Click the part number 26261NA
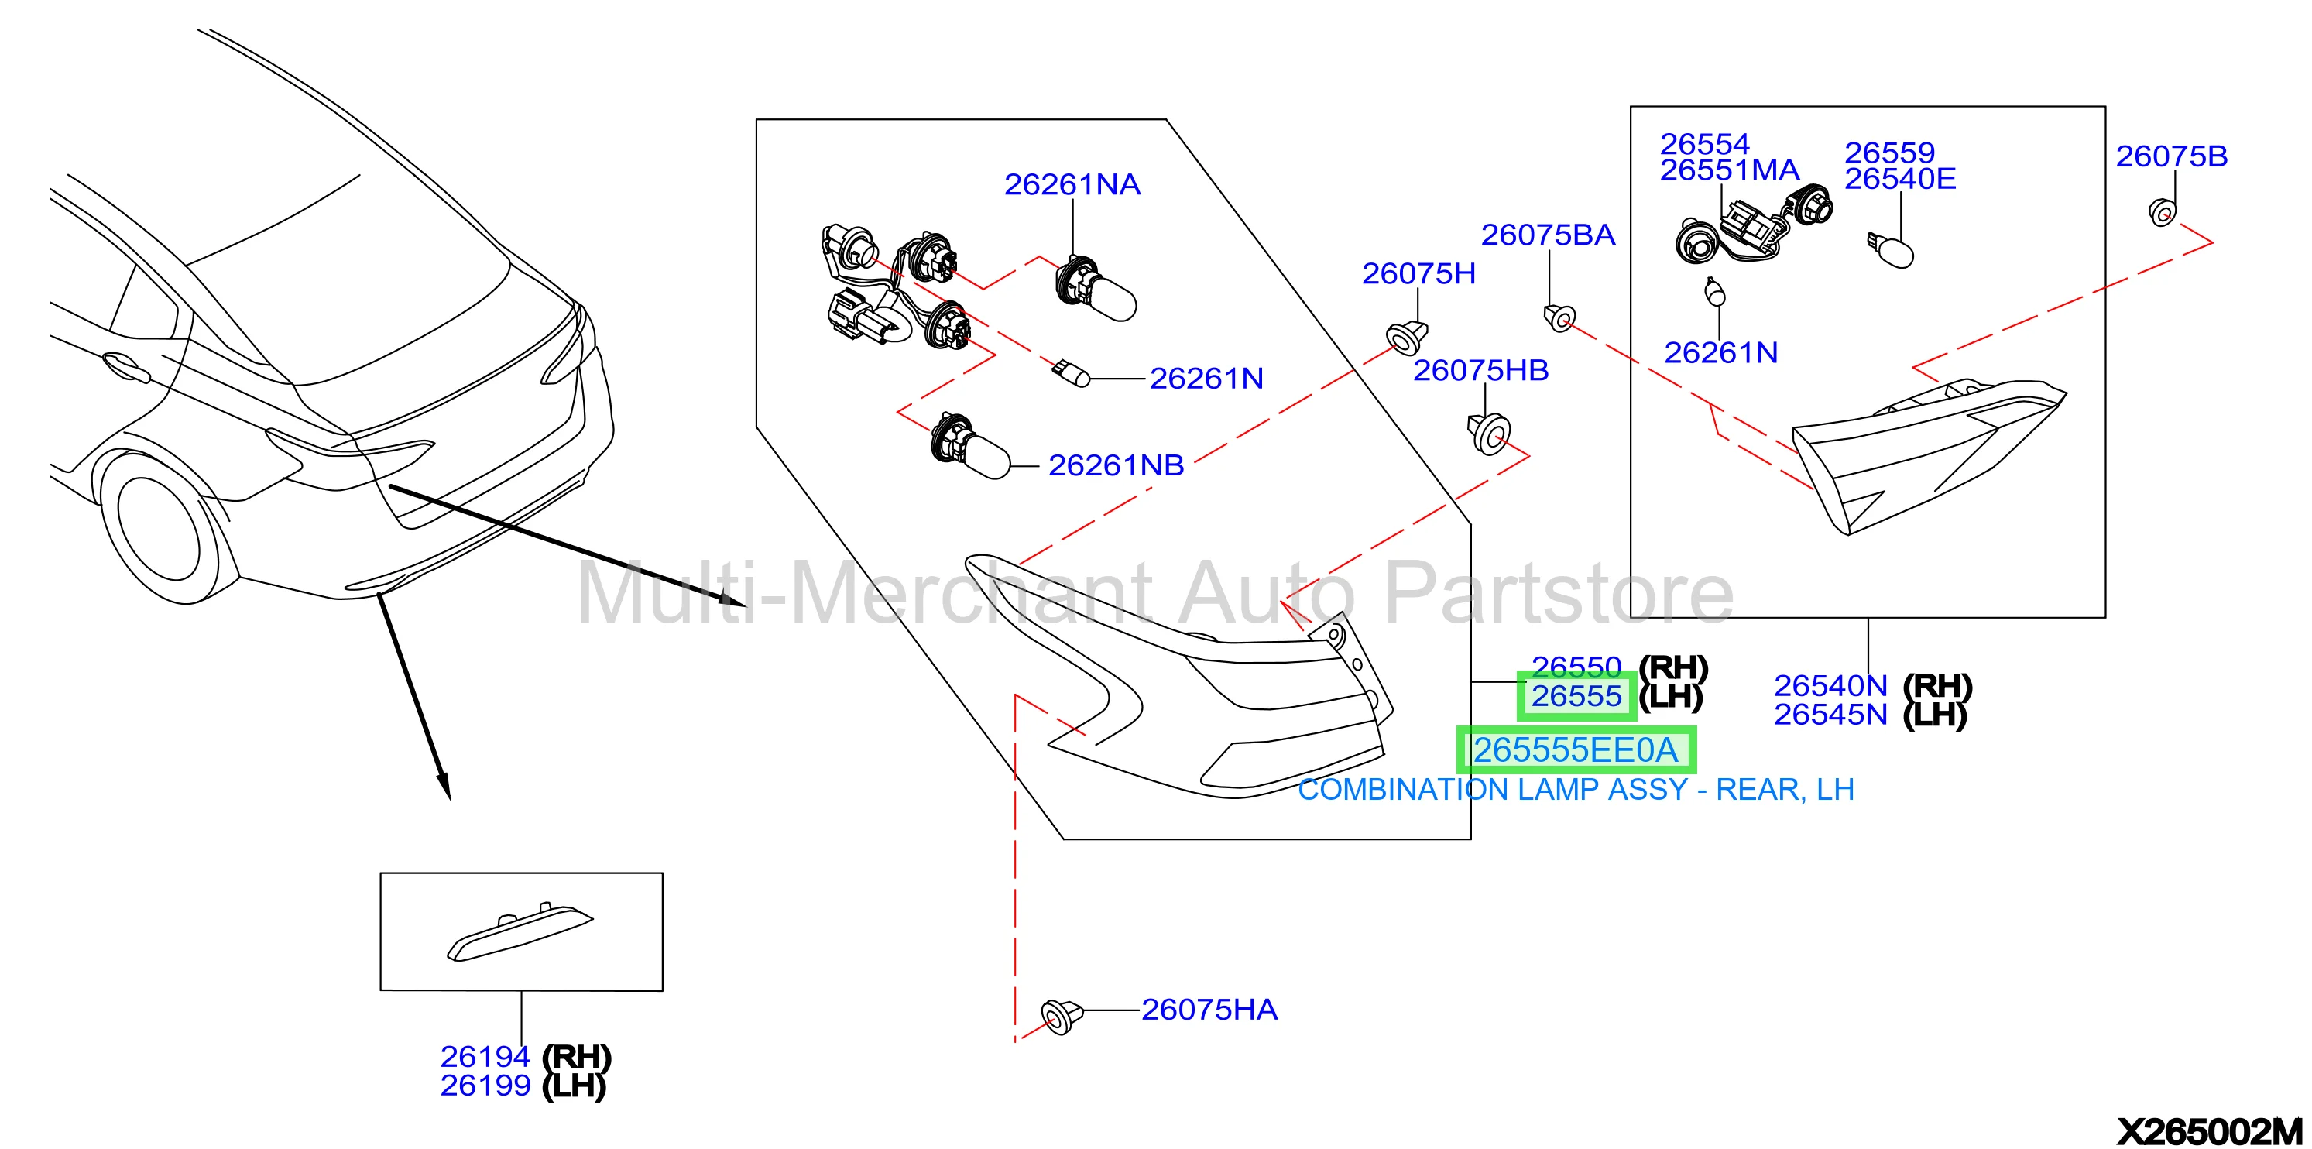tap(1072, 184)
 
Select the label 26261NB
tap(1116, 465)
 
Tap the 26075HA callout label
tap(1209, 1010)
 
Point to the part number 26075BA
tap(1547, 235)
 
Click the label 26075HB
tap(1481, 370)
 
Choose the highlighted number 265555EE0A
tap(1575, 749)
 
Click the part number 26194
tap(485, 1057)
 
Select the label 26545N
tap(1831, 715)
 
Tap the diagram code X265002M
tap(2210, 1131)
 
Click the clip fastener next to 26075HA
tap(1061, 1016)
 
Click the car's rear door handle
tap(125, 367)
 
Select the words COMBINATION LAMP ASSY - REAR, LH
tap(1576, 790)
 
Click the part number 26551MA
tap(1730, 170)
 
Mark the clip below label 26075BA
tap(1560, 317)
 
